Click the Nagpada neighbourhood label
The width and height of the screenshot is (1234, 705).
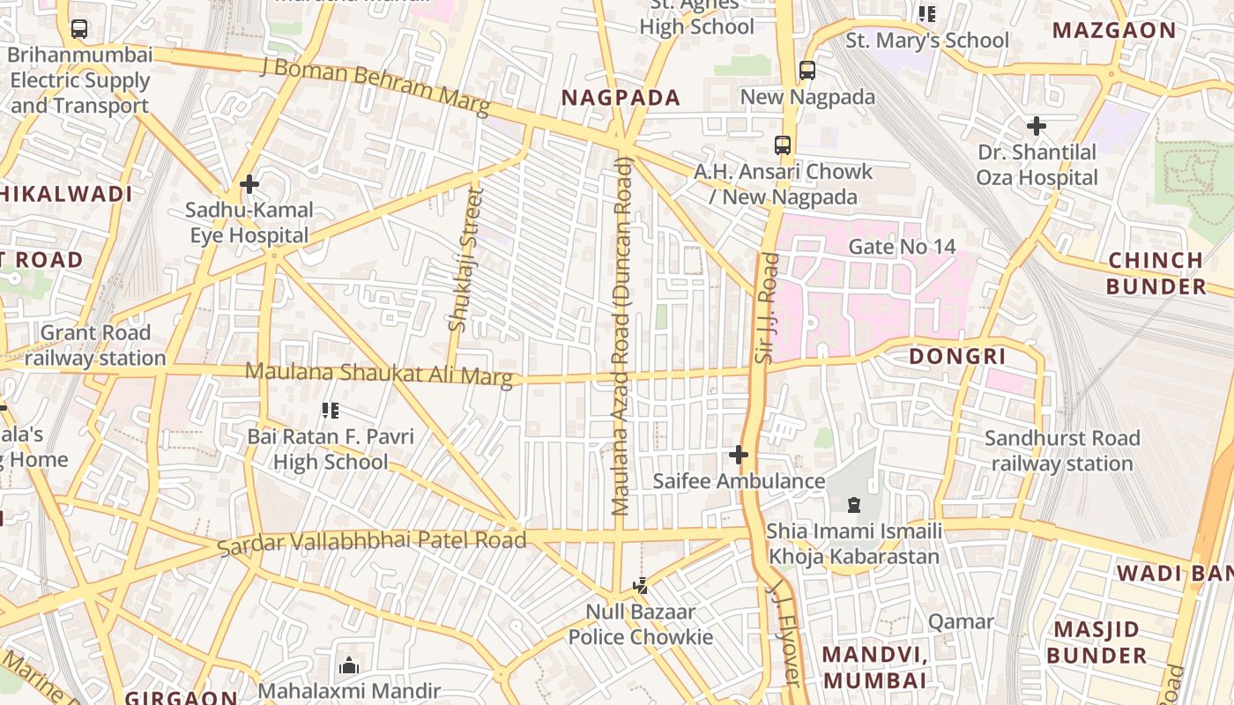[621, 98]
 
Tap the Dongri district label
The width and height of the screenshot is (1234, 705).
[957, 356]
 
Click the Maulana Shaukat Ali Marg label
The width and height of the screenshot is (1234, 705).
[379, 375]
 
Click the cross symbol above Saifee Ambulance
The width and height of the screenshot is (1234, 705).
[739, 455]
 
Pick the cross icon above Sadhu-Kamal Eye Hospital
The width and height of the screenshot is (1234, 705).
[249, 184]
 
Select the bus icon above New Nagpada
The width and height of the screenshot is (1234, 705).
[807, 70]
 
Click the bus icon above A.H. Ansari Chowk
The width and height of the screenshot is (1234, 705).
[783, 145]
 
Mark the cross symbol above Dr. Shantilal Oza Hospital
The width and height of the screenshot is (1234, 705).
[1037, 126]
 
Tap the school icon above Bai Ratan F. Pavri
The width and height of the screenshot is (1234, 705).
[331, 411]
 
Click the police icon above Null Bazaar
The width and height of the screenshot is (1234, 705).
[641, 585]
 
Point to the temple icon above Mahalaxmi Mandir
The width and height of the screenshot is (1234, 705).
[349, 665]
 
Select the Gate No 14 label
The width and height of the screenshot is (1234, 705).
[902, 247]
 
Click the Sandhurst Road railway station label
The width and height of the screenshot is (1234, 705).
[1062, 450]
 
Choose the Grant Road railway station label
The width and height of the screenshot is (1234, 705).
[95, 345]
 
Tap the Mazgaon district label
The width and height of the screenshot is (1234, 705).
[1114, 30]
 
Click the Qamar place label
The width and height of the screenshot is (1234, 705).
[961, 621]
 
